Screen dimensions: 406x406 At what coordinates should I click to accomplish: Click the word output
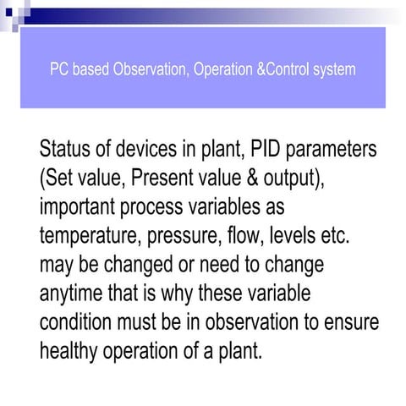304,181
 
